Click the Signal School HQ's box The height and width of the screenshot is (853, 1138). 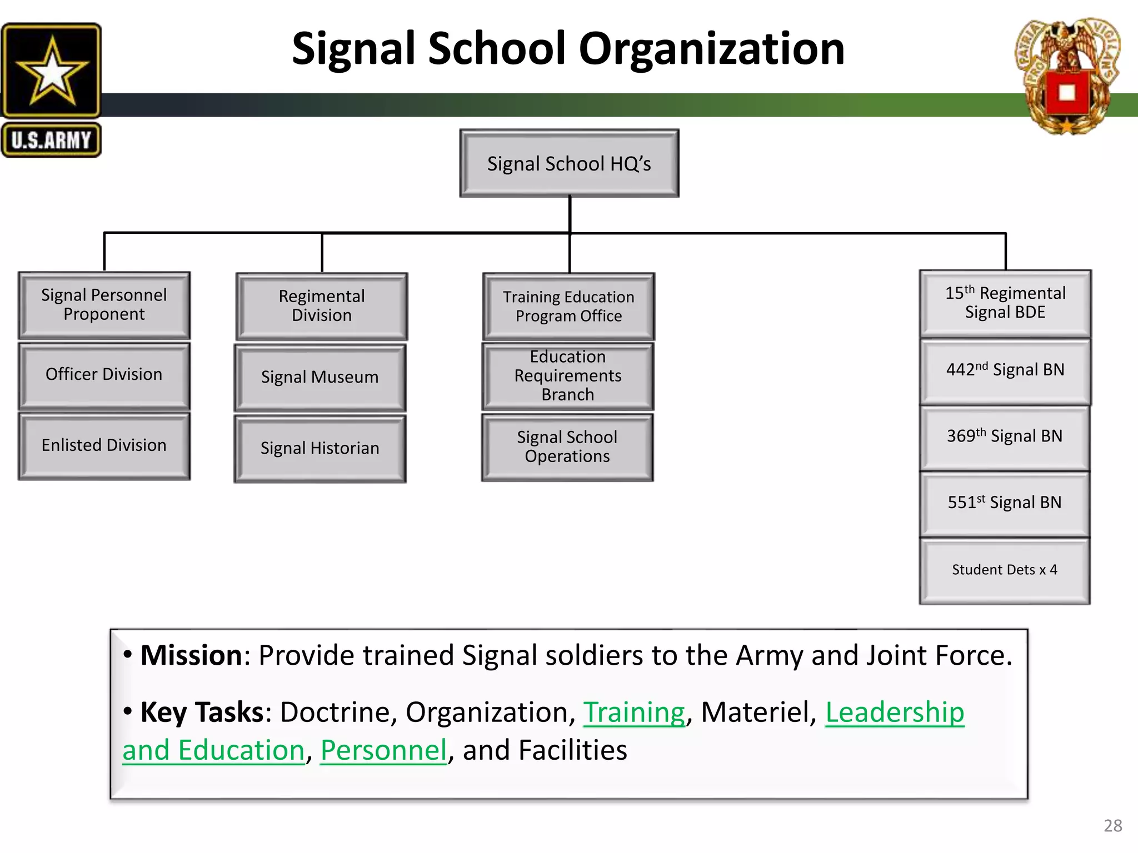click(x=569, y=164)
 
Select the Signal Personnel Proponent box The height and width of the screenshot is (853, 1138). click(x=104, y=305)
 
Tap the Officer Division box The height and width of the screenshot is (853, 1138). click(x=104, y=375)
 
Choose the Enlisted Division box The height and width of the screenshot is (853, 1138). click(x=104, y=445)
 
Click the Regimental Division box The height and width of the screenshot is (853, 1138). click(x=322, y=306)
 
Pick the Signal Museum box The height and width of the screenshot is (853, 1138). click(x=320, y=377)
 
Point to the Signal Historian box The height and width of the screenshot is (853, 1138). click(x=320, y=448)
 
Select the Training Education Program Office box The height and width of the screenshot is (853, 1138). click(x=568, y=306)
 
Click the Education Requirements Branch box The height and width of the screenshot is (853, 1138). click(x=567, y=376)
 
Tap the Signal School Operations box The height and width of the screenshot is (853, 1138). click(x=567, y=447)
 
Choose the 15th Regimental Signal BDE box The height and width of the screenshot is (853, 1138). click(x=1005, y=303)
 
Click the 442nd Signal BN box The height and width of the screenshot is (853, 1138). click(x=1005, y=371)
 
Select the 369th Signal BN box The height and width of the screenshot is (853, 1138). click(x=1005, y=438)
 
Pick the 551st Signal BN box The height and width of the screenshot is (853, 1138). click(x=1005, y=504)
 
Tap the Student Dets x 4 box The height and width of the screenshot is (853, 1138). click(x=1005, y=570)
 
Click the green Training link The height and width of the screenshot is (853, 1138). click(x=634, y=712)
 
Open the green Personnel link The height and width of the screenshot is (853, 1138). click(x=383, y=750)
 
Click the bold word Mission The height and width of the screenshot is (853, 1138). click(x=191, y=655)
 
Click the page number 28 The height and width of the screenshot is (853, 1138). click(x=1112, y=826)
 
